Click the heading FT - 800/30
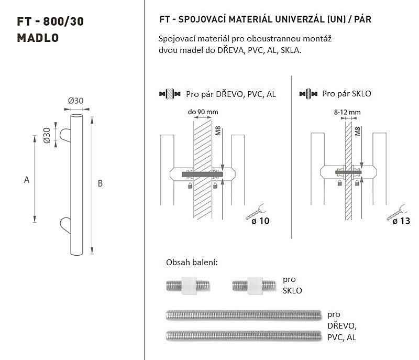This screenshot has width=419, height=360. coord(50,21)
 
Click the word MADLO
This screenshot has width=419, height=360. coord(38,38)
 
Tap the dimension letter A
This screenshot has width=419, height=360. coord(27,180)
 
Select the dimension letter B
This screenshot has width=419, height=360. coord(100,183)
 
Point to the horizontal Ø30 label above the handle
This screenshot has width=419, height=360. coord(75,101)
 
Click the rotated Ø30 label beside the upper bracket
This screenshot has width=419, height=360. coord(47,136)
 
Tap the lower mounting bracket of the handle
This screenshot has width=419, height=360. coord(65,225)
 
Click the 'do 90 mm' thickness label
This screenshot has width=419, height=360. coord(203,112)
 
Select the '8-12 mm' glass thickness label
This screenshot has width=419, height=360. coord(347,112)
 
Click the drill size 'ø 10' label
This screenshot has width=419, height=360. coord(260,221)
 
